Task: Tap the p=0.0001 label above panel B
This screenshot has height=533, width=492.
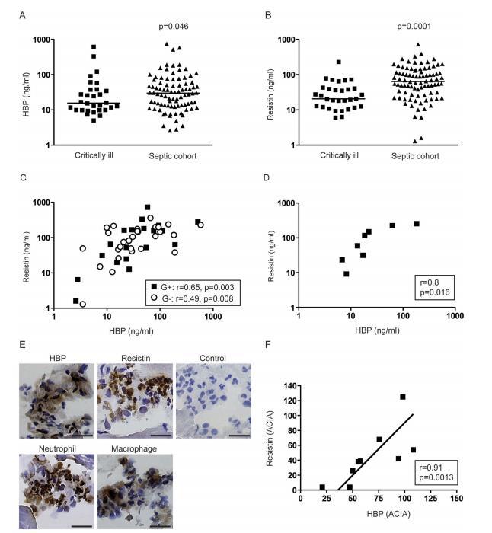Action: pyautogui.click(x=415, y=27)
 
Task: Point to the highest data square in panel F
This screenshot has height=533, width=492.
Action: pyautogui.click(x=403, y=397)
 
